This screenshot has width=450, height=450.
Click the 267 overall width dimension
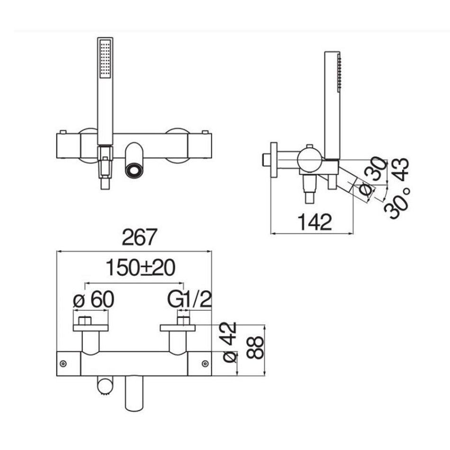point(139,237)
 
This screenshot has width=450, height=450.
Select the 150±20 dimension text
point(140,268)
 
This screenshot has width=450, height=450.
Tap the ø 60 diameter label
point(94,299)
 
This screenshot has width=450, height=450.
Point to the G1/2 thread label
point(189,299)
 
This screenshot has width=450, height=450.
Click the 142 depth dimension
point(315,222)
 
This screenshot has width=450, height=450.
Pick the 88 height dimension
point(255,348)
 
